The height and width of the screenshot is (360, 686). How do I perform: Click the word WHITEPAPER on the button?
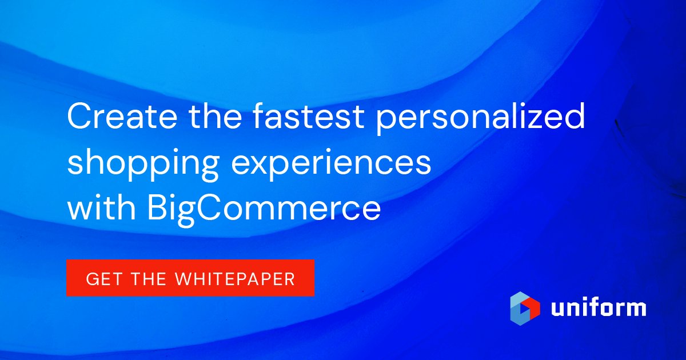point(235,278)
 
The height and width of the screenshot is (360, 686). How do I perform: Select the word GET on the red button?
point(101,278)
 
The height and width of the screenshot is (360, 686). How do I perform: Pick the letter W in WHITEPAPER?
point(184,278)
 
